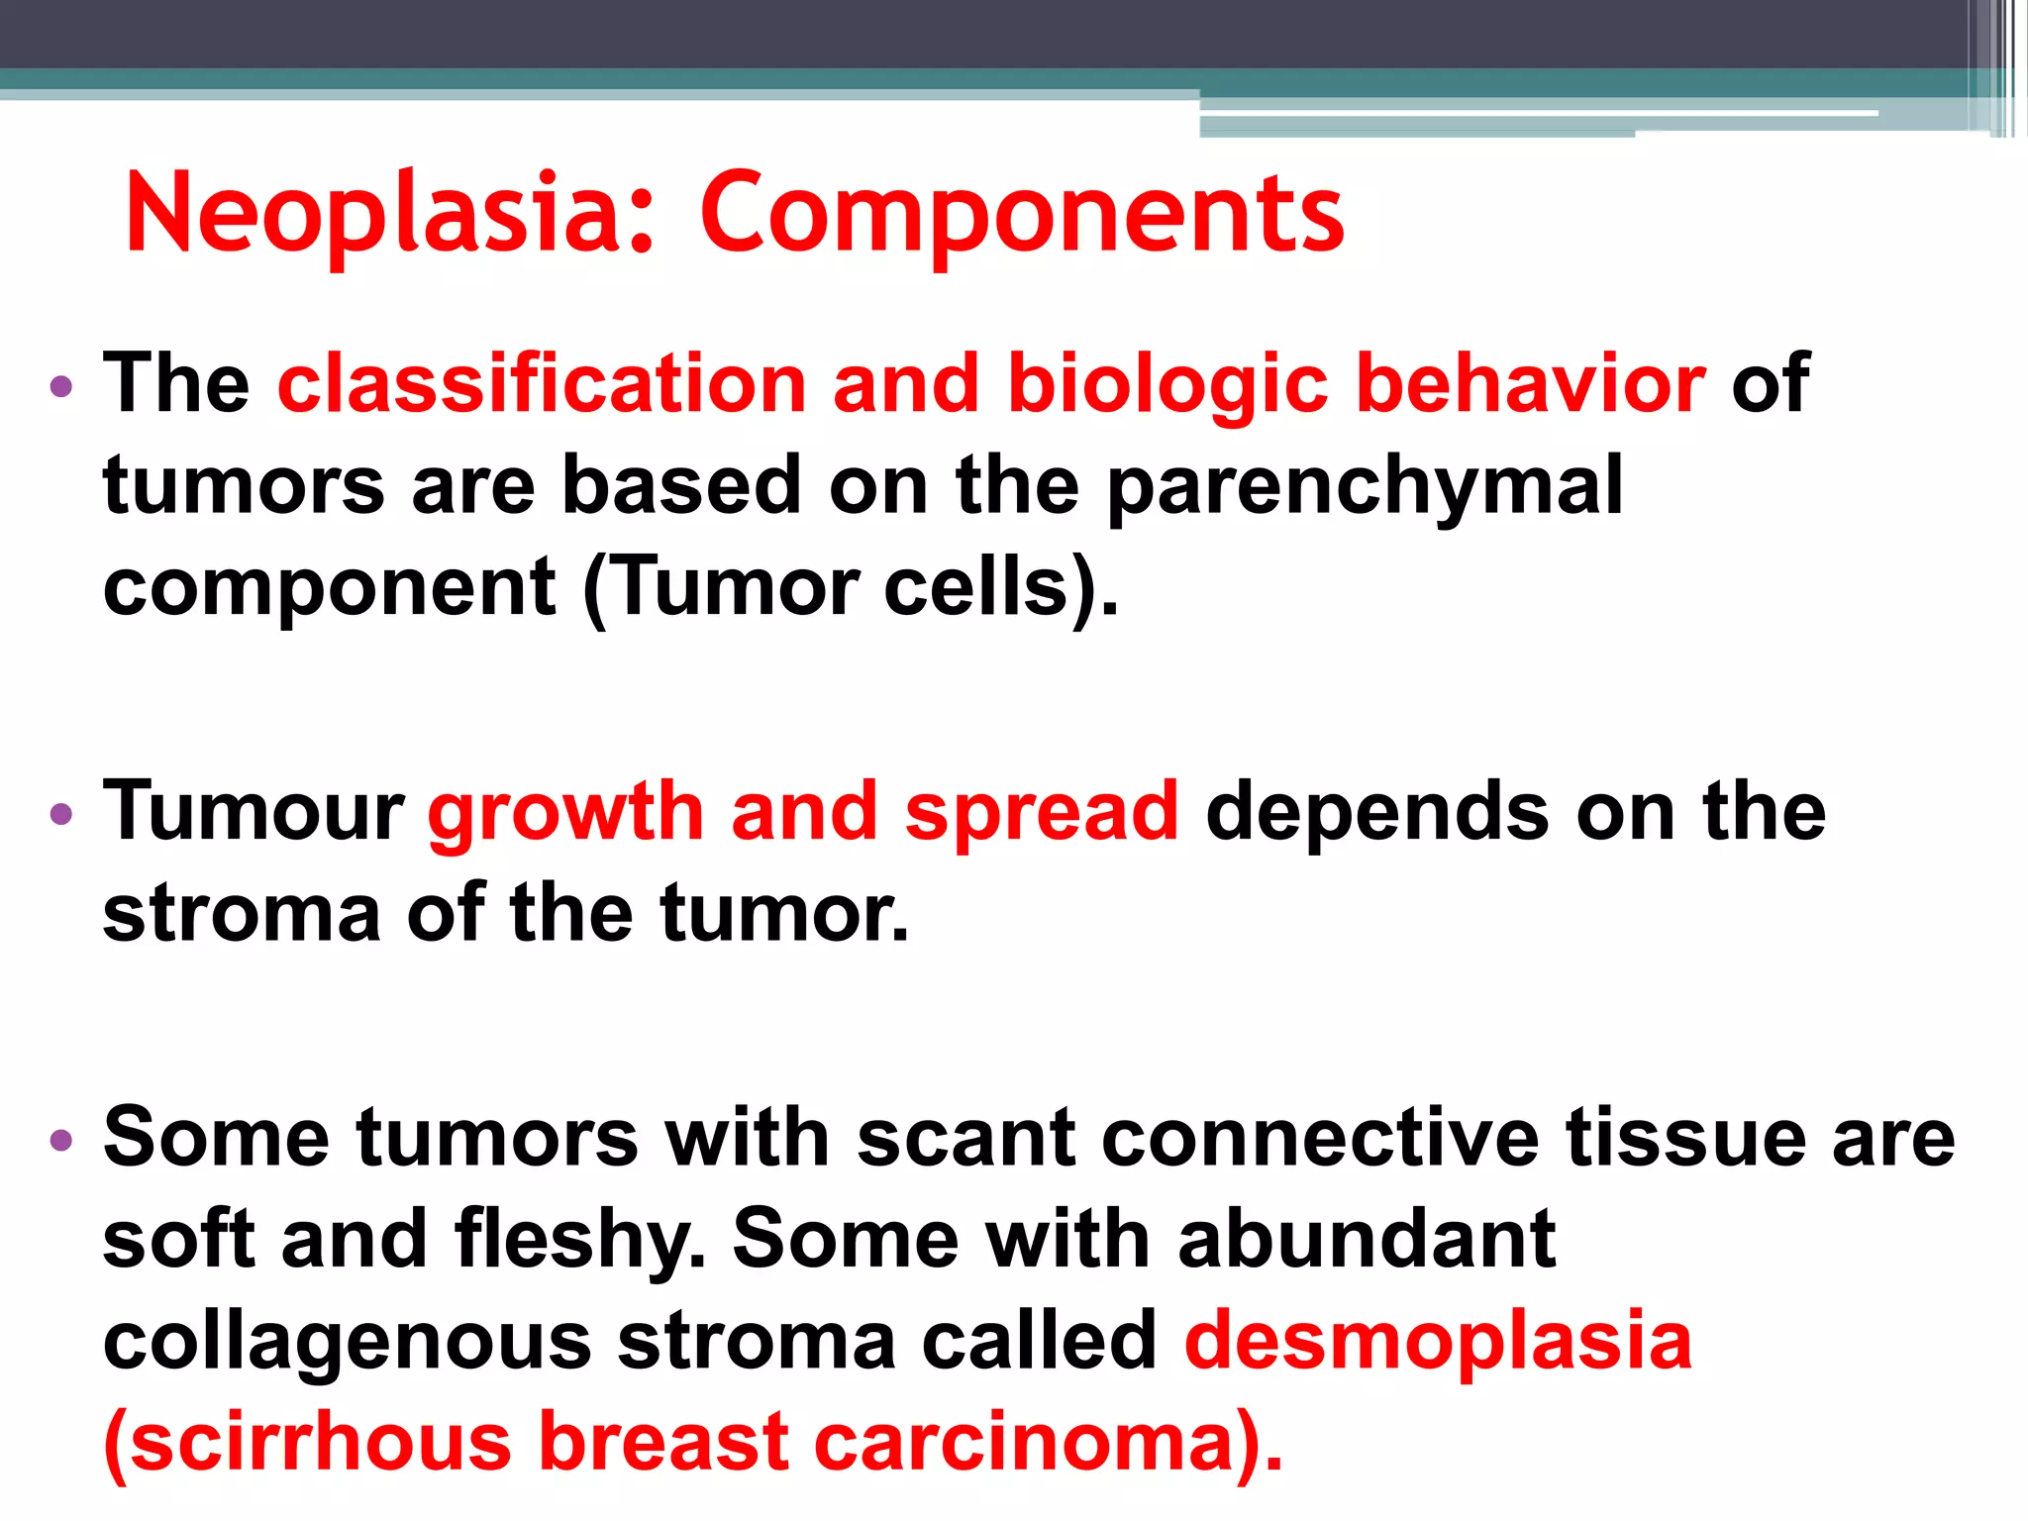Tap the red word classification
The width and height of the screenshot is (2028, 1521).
click(x=542, y=383)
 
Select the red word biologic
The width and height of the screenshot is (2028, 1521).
click(x=1166, y=385)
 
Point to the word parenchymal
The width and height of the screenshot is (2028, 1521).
click(x=1364, y=486)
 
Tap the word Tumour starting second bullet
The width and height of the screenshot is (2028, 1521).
click(x=253, y=811)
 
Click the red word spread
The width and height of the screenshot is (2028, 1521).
click(x=1041, y=813)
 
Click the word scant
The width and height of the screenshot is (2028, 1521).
click(x=966, y=1137)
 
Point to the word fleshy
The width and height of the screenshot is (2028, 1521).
click(x=579, y=1239)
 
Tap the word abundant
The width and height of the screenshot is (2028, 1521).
click(x=1367, y=1239)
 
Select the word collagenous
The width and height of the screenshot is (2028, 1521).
click(x=348, y=1343)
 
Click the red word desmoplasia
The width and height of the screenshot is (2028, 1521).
click(x=1438, y=1341)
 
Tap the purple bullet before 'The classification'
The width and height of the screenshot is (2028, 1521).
click(x=61, y=386)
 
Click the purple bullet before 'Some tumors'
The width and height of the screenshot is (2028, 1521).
click(x=61, y=1141)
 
